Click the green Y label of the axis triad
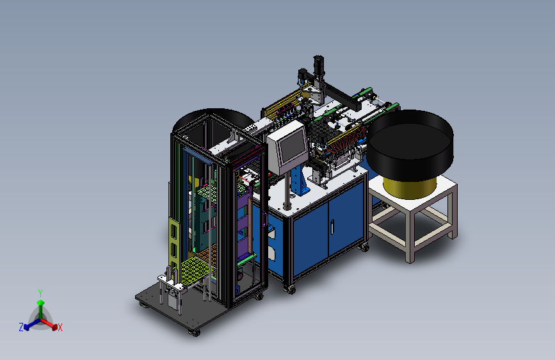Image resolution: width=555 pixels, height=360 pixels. (40, 293)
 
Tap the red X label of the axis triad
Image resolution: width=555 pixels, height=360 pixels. (60, 328)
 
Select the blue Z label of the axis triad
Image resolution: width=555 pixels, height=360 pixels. (21, 327)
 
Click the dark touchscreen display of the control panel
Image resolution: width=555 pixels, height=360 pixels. (293, 145)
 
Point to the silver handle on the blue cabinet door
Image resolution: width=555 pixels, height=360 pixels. (332, 227)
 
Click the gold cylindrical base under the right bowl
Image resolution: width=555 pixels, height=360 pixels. (410, 187)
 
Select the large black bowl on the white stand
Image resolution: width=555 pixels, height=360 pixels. (410, 145)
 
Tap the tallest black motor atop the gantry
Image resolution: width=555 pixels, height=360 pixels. (319, 65)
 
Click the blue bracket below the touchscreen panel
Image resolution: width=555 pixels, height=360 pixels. (300, 180)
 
